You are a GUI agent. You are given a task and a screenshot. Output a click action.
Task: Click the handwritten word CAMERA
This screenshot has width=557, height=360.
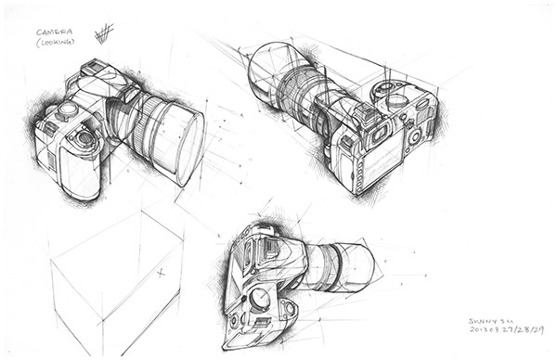pos(54,32)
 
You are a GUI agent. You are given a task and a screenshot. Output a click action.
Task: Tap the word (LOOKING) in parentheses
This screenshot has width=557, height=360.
pos(55,44)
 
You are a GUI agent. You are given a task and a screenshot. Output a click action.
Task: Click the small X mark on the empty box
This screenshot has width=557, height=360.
pos(160,273)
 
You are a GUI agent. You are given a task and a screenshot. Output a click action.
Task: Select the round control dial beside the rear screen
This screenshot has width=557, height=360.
pos(412,137)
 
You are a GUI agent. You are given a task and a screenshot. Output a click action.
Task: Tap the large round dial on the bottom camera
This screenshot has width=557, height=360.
pos(261,299)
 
